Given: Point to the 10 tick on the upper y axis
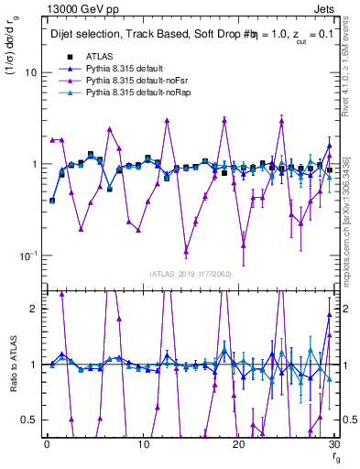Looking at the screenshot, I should click(29, 72).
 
